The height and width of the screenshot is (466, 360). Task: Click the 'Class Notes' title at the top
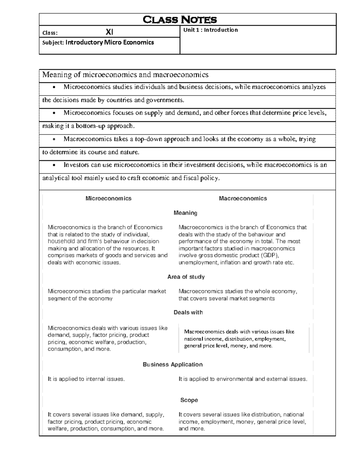tap(179, 20)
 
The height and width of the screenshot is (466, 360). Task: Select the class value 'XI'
tap(109, 32)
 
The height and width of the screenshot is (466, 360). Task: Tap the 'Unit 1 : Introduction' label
tap(211, 30)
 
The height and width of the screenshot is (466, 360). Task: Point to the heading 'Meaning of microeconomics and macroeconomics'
tap(125, 74)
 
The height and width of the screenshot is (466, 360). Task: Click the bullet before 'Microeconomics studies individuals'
tap(54, 87)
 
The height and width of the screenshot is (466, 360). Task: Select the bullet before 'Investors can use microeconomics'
tap(54, 165)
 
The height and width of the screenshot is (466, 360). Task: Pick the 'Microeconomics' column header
tap(108, 198)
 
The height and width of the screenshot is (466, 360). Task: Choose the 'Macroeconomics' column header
tap(243, 198)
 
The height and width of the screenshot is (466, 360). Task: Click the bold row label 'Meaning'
tap(185, 213)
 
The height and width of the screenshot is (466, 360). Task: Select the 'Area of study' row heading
tap(186, 277)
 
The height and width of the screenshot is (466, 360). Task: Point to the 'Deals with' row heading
tap(188, 312)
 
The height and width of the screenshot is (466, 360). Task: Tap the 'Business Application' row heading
tap(172, 364)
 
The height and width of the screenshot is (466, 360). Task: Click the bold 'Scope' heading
tap(189, 400)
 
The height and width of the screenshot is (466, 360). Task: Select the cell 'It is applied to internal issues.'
tap(86, 379)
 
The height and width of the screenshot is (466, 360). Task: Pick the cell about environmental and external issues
tap(243, 379)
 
